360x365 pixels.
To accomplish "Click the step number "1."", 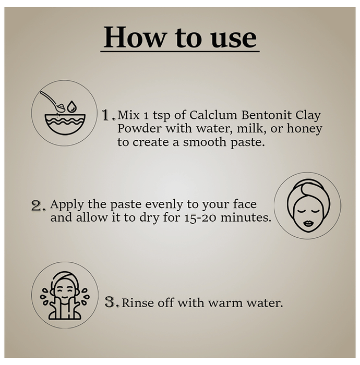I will coord(109,115).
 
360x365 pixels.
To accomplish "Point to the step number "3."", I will coord(112,302).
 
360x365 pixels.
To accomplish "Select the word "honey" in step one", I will coord(305,128).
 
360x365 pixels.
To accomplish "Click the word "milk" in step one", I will coord(250,128).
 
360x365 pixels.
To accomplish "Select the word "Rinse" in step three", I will coord(137,303).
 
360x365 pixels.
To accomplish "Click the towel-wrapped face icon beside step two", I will coord(307,205).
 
